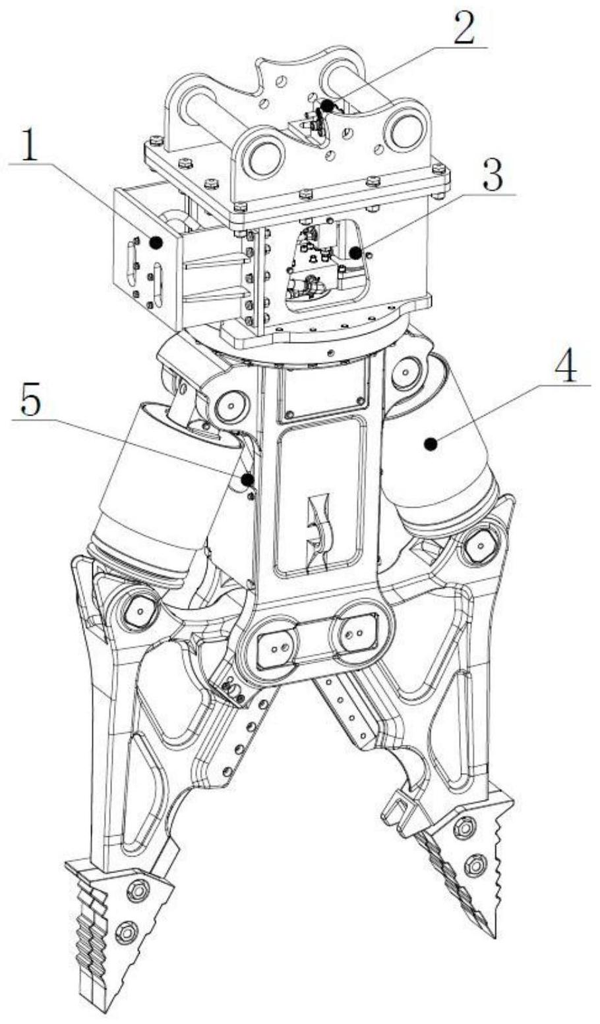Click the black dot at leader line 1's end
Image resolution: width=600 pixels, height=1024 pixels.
(x=156, y=242)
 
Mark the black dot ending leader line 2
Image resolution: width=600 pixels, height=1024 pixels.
(x=327, y=106)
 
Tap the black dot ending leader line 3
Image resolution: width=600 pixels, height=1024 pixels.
(x=355, y=252)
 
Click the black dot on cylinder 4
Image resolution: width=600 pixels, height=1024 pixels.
(x=430, y=443)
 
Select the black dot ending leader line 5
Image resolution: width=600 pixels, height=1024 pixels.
(x=248, y=479)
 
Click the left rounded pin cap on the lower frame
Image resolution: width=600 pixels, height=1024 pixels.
(x=276, y=648)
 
